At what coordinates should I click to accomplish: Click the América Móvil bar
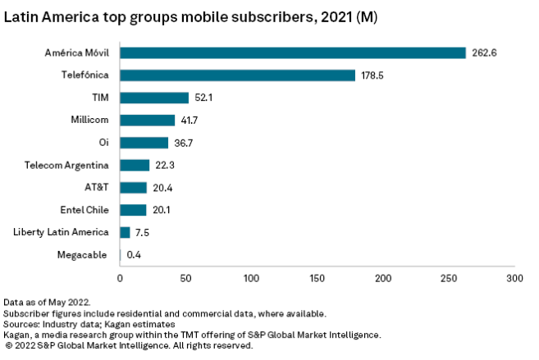tap(293, 52)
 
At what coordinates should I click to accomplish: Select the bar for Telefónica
tap(237, 75)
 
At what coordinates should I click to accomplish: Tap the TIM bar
tap(154, 98)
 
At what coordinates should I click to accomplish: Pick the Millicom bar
tap(148, 120)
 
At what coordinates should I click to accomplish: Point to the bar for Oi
tap(144, 143)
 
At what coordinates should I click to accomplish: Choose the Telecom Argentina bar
tap(135, 165)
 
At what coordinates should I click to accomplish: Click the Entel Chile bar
tap(133, 210)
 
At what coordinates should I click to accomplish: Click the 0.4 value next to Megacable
tap(135, 255)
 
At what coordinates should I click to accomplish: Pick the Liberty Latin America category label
tap(61, 232)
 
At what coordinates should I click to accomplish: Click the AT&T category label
tap(96, 188)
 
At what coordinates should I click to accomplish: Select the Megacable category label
tap(82, 255)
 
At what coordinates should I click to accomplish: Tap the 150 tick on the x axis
tap(317, 279)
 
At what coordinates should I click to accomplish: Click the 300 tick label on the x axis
tap(514, 279)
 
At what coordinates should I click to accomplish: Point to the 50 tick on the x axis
tap(185, 279)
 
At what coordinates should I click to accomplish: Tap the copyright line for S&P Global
tap(128, 346)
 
